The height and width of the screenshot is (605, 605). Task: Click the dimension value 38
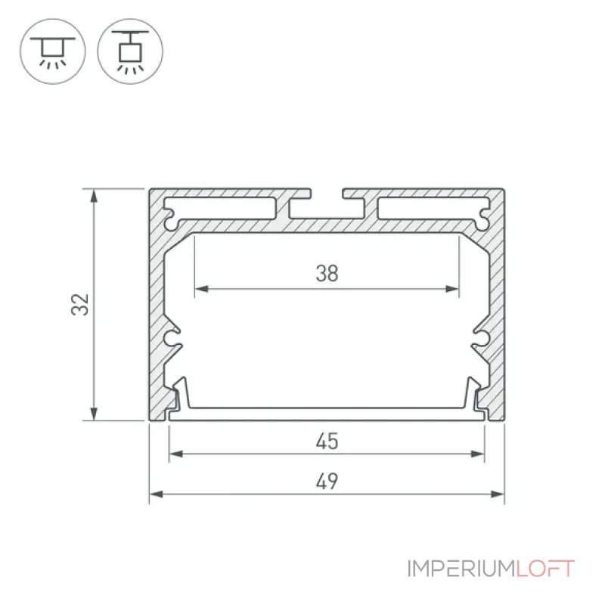(327, 273)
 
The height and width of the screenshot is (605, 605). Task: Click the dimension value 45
(327, 441)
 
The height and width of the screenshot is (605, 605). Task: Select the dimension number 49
(327, 481)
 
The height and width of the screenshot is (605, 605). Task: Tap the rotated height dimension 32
(80, 305)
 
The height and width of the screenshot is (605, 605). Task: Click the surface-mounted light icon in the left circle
(53, 52)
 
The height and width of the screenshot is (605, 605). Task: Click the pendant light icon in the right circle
(130, 51)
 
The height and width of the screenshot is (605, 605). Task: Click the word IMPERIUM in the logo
(461, 569)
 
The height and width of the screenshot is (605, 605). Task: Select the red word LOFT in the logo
(545, 569)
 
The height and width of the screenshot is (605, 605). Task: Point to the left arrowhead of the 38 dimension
(202, 289)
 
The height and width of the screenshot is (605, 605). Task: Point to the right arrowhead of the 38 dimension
(452, 289)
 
